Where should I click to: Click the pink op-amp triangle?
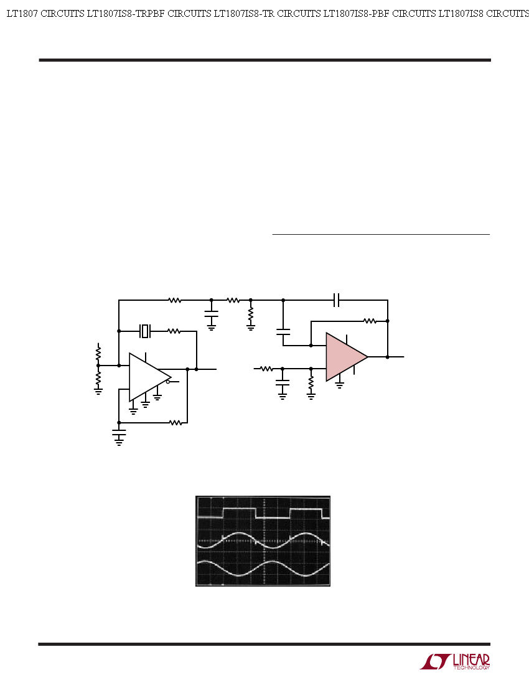click(x=345, y=357)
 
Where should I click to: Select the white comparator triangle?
click(x=147, y=377)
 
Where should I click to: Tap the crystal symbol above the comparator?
click(x=145, y=331)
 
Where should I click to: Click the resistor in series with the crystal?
click(x=174, y=331)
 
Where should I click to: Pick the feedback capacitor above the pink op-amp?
click(x=337, y=300)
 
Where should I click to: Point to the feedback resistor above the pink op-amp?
click(x=370, y=321)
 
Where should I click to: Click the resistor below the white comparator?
click(x=176, y=422)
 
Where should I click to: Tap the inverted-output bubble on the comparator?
click(x=168, y=381)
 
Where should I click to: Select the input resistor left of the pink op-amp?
click(x=266, y=369)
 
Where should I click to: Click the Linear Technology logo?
click(x=455, y=661)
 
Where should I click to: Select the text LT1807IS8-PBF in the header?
click(x=356, y=14)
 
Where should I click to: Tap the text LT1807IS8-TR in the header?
click(x=243, y=14)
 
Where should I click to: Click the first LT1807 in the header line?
click(x=22, y=14)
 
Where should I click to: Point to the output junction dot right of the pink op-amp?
click(x=388, y=357)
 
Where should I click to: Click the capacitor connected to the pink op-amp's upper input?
click(x=283, y=332)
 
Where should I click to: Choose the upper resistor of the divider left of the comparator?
click(x=98, y=352)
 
